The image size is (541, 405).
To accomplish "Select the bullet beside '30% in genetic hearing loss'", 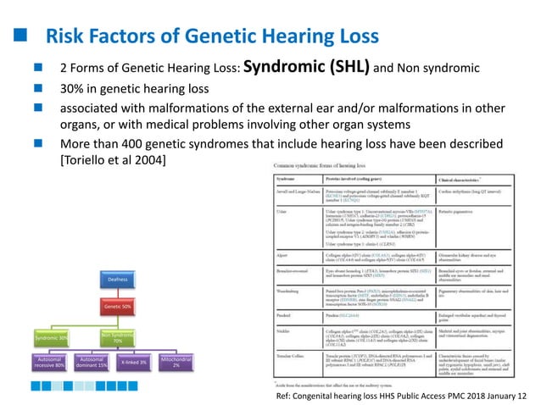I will [x=38, y=87].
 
